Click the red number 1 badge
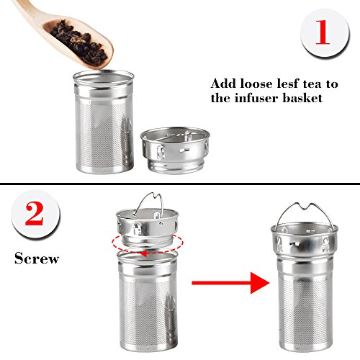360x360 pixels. point(325,32)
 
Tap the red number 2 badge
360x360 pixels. point(35,214)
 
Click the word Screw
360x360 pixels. point(37,258)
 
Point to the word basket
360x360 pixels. point(302,98)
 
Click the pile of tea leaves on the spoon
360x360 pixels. point(78,43)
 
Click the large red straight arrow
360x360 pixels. point(230,283)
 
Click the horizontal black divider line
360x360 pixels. point(180,184)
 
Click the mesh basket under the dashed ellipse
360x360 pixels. point(148,300)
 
